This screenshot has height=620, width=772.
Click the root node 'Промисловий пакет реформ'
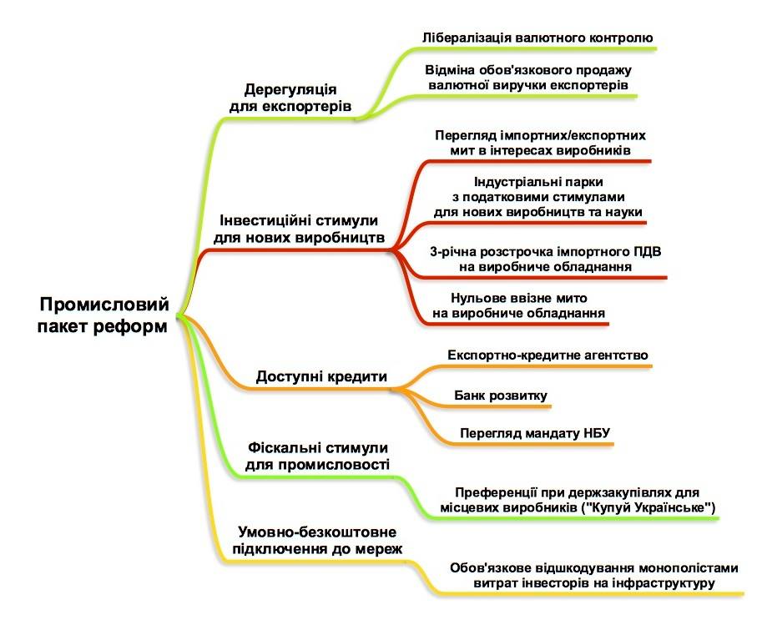(x=103, y=315)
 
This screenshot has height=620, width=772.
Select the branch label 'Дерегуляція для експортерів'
(x=290, y=98)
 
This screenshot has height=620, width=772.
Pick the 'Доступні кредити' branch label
(x=321, y=376)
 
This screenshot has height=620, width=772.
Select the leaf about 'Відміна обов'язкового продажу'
(x=530, y=77)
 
